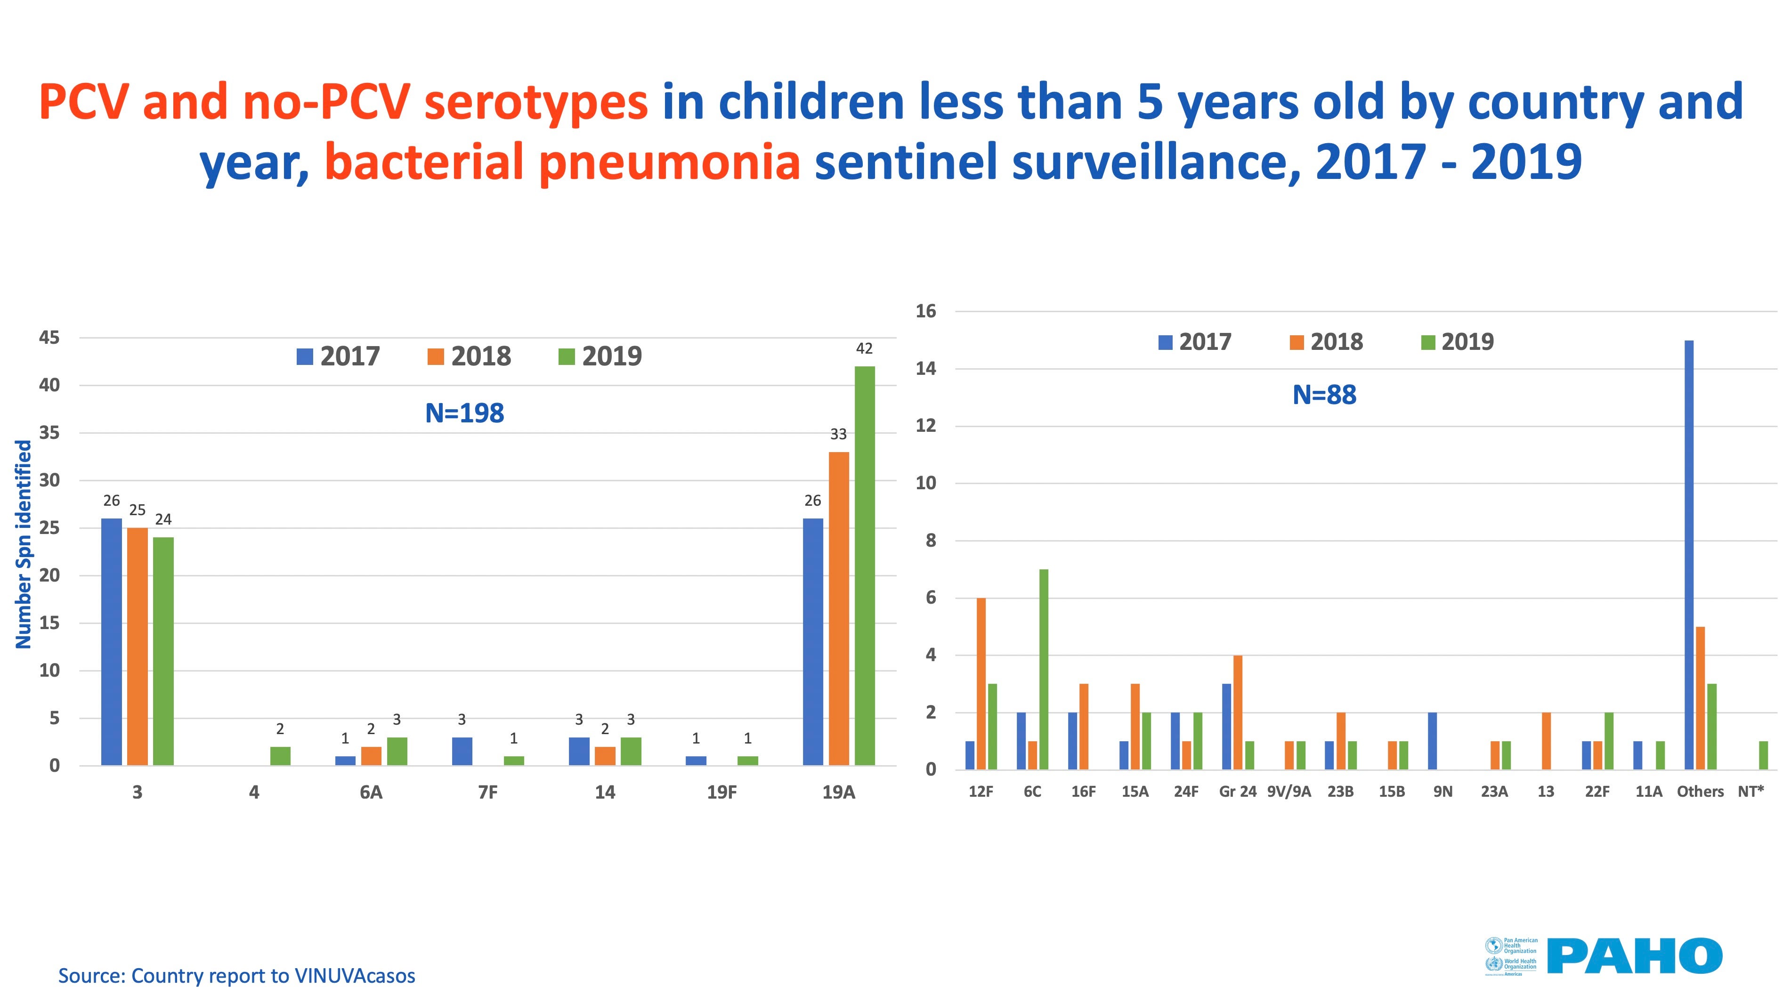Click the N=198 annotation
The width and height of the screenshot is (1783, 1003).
464,413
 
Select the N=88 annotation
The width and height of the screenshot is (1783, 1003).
1324,395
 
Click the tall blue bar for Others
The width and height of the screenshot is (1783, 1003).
1689,554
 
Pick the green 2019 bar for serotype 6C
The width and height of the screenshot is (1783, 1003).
1043,669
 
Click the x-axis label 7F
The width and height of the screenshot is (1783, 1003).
488,793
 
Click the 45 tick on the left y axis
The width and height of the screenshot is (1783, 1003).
49,338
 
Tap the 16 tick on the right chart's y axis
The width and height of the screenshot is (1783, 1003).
925,311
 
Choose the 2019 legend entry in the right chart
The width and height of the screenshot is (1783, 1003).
1458,342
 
